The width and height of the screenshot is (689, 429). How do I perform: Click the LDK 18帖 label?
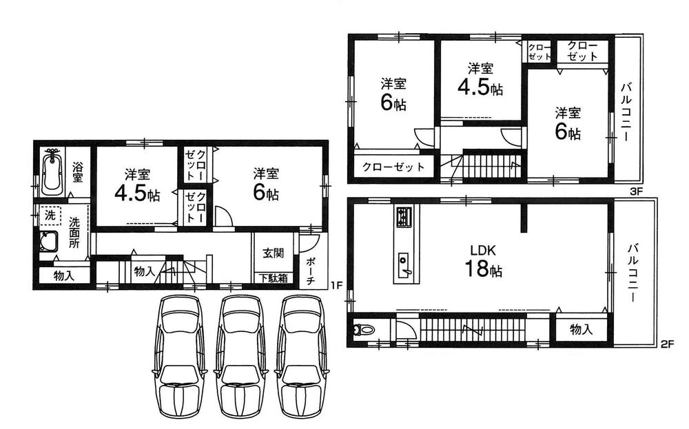point(483,261)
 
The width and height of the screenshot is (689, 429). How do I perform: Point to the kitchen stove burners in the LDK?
point(403,218)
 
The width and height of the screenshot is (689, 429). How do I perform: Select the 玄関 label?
point(271,253)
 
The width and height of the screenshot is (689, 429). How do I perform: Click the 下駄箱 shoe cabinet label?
point(274,279)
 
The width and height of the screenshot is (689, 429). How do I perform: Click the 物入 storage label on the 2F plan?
point(582,330)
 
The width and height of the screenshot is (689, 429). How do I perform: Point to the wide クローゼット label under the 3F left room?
point(389,167)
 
